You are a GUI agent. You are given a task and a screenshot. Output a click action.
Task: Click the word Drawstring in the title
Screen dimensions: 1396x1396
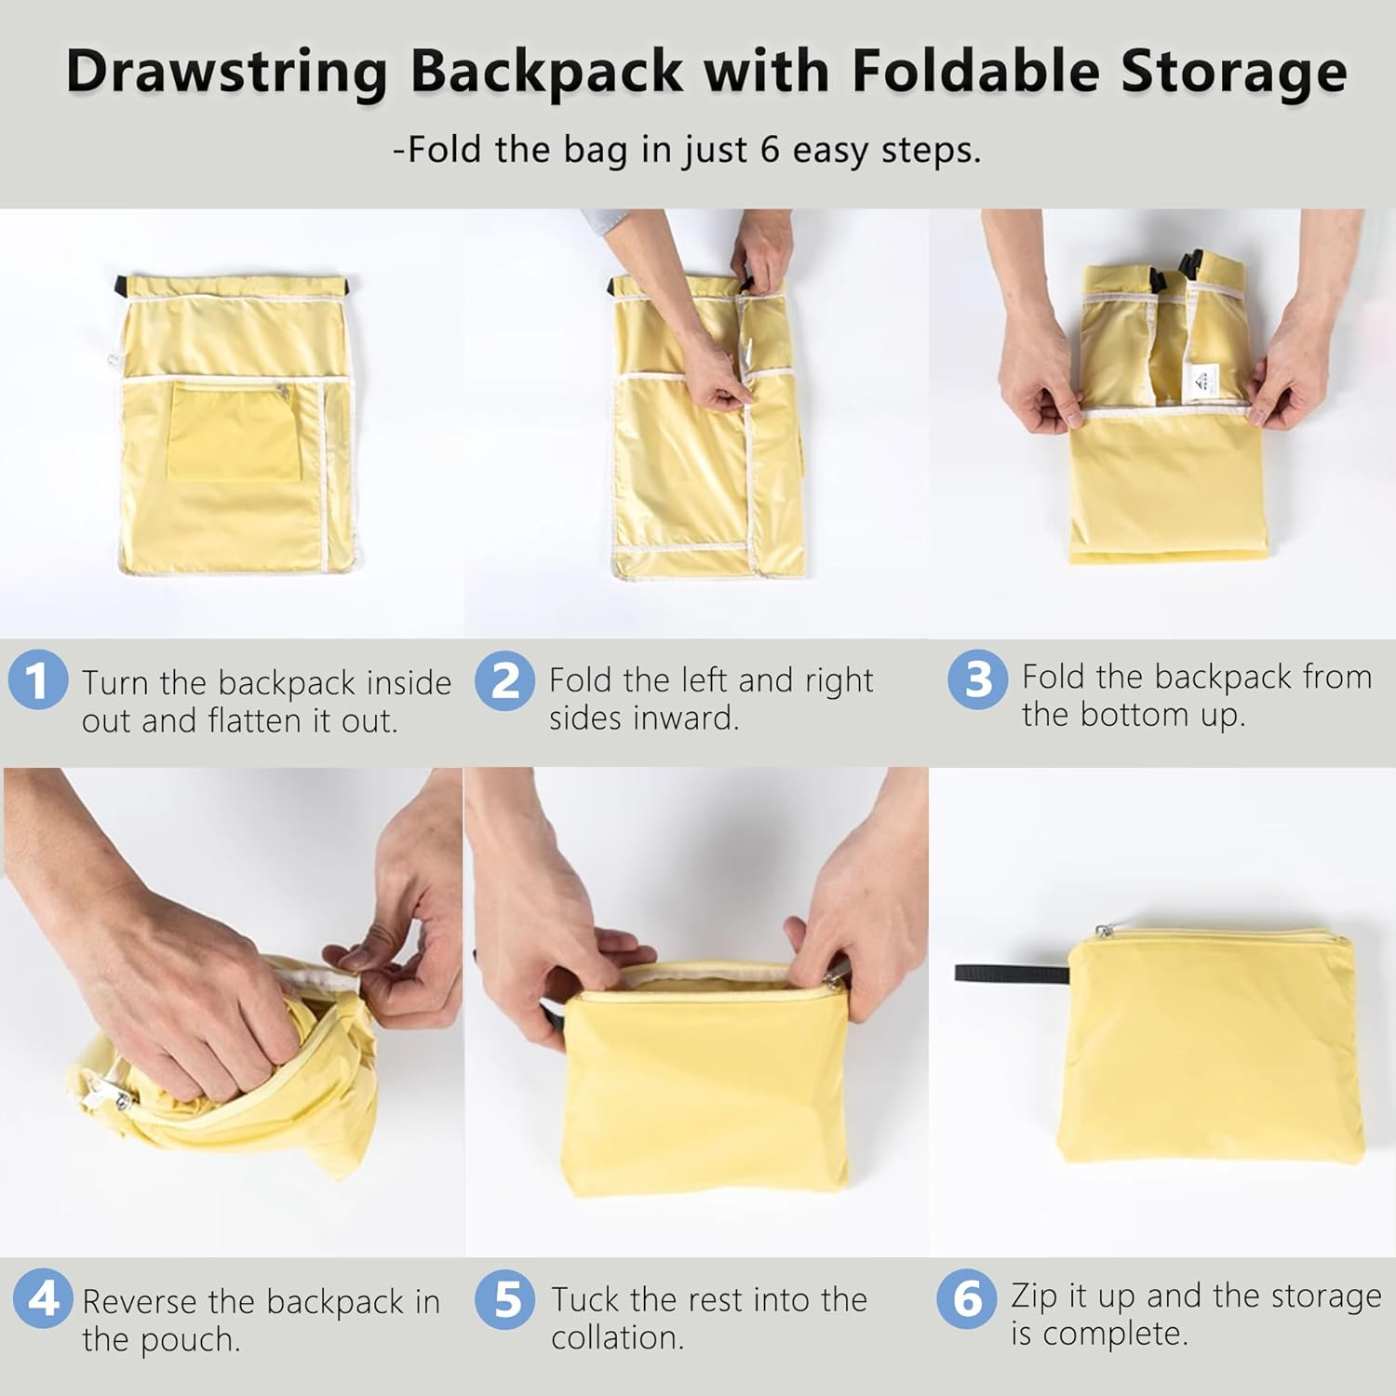[x=226, y=72]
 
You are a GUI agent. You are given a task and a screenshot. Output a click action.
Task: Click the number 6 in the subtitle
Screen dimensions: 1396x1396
[x=770, y=150]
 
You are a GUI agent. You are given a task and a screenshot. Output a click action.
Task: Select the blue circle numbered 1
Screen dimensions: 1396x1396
[x=38, y=680]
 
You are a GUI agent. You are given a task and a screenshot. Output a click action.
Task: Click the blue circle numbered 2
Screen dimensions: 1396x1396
[x=505, y=680]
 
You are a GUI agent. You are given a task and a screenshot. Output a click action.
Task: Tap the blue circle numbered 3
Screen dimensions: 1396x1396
[x=977, y=678]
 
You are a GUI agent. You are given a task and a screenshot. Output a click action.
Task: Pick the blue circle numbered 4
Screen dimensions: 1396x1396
[x=43, y=1297]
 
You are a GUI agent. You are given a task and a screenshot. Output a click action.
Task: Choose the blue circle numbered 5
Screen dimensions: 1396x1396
[x=507, y=1299]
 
